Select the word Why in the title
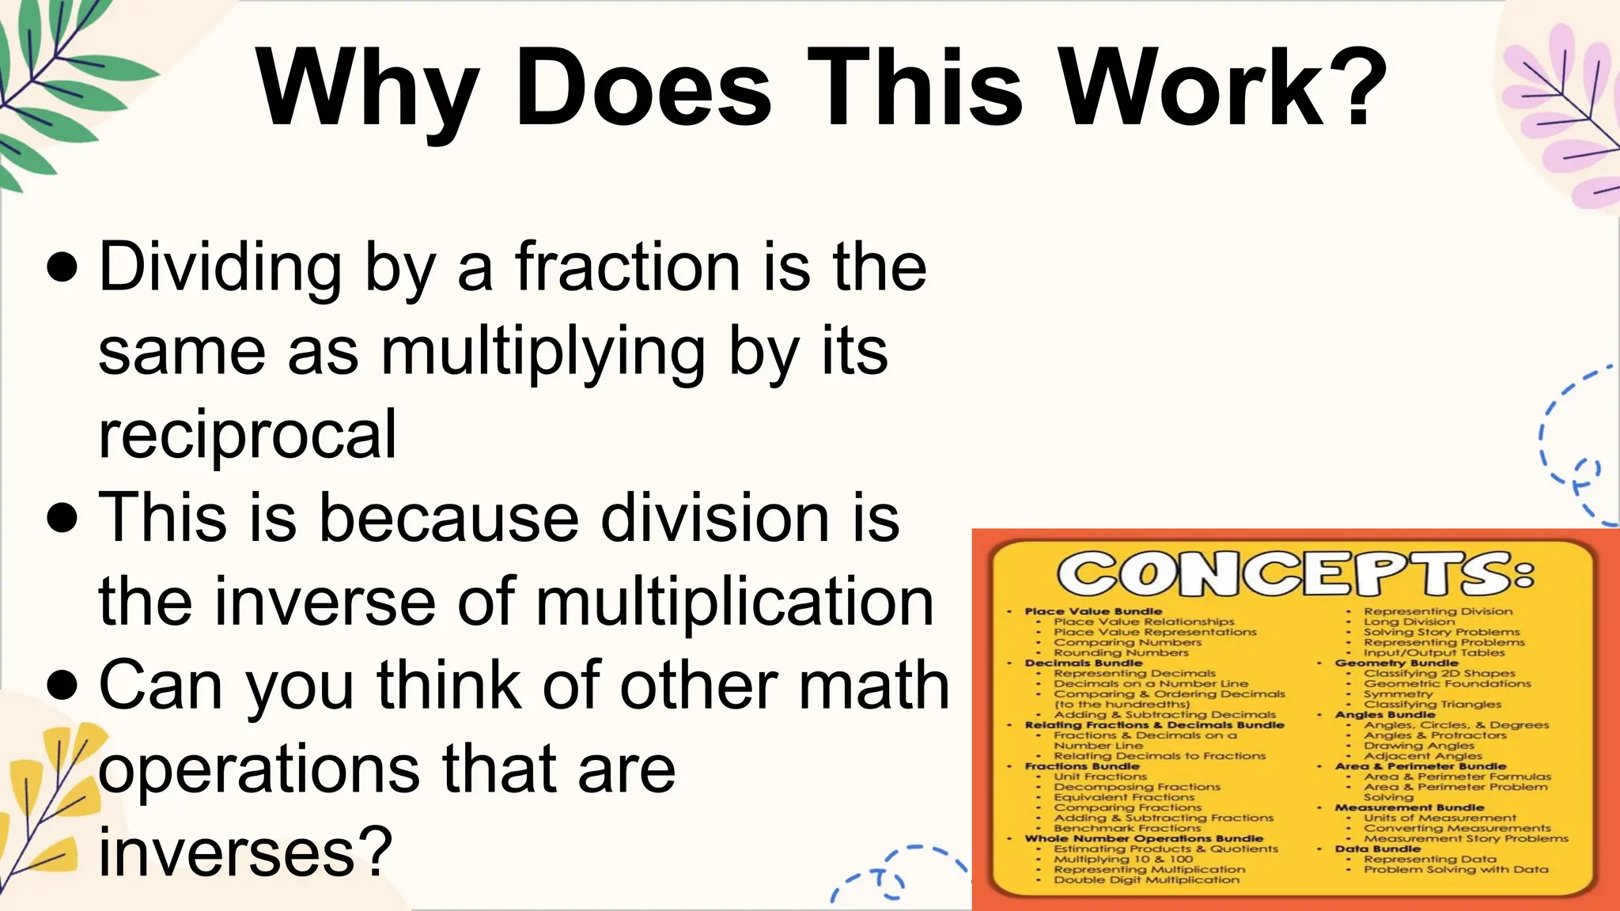pos(369,89)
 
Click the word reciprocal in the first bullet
pos(247,434)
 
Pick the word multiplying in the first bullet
pos(543,353)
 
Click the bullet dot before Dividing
pos(62,267)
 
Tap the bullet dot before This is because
pos(62,519)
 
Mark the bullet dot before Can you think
pos(62,686)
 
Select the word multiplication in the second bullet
pos(735,602)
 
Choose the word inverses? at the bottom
pos(245,852)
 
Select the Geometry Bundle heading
pos(1396,663)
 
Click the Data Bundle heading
pos(1377,849)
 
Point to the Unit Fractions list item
pos(1100,777)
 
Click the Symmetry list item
pos(1398,694)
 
